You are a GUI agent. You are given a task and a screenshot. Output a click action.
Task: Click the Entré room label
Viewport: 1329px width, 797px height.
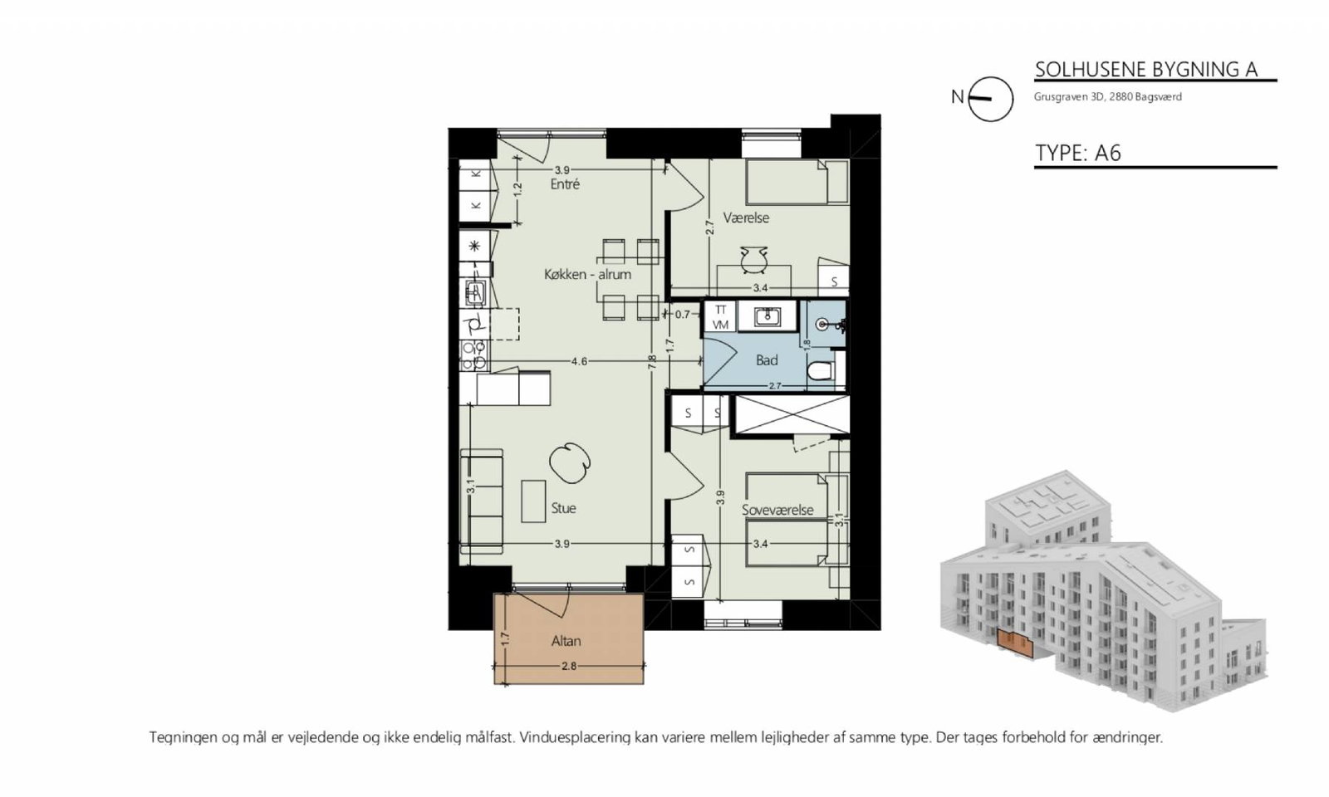point(565,184)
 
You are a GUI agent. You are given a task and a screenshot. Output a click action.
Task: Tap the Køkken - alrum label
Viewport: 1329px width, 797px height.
point(587,275)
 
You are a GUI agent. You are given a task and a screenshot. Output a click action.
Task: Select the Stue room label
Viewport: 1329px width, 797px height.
point(563,508)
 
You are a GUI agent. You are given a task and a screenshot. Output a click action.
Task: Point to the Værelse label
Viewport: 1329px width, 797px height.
point(746,218)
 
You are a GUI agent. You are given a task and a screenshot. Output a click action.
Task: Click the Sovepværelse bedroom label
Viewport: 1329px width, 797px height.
point(777,510)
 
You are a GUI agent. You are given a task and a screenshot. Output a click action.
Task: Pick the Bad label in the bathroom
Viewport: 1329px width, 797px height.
point(767,360)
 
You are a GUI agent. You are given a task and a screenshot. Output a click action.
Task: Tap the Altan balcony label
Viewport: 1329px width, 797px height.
point(566,641)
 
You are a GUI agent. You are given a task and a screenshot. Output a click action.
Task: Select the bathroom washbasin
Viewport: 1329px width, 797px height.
point(767,317)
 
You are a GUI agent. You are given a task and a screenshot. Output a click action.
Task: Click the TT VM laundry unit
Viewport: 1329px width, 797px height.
point(720,317)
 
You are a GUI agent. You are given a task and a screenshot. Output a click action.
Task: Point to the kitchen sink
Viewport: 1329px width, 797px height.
point(475,292)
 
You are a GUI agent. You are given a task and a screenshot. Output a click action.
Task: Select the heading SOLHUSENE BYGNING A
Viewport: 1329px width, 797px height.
point(1146,70)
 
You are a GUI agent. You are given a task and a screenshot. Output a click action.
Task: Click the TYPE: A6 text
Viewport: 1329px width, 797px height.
point(1078,153)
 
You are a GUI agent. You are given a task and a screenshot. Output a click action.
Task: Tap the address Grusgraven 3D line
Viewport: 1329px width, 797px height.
point(1108,96)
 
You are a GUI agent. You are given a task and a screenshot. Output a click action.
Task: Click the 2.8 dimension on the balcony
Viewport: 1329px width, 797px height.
point(568,666)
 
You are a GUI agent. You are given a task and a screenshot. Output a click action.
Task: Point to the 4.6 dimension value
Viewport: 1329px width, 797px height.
point(579,361)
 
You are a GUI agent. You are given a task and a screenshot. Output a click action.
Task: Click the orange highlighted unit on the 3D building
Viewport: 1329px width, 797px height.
point(1015,643)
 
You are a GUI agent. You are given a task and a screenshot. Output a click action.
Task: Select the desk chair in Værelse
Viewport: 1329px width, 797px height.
point(754,261)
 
